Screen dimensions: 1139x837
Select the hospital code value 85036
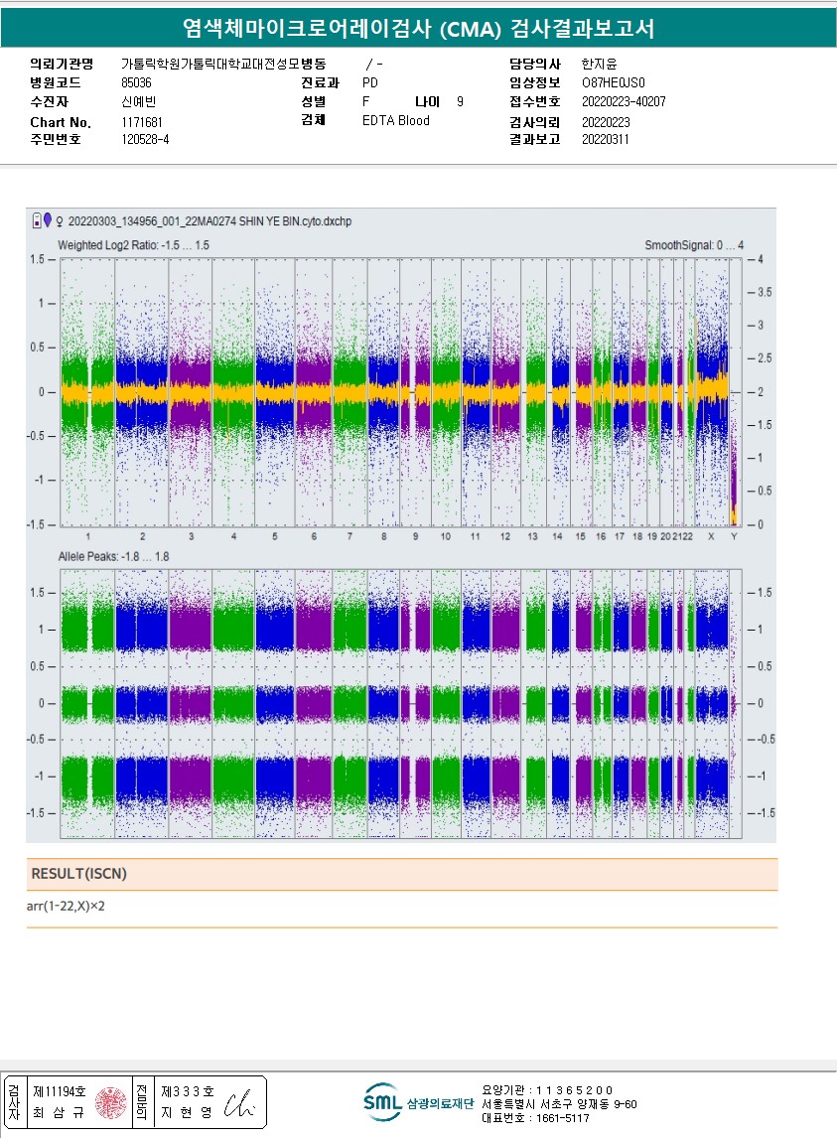click(136, 83)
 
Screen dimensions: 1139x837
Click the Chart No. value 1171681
click(142, 122)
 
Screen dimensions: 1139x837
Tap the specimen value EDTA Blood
click(396, 121)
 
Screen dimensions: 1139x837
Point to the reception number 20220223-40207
click(623, 102)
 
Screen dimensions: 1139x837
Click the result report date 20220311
click(605, 140)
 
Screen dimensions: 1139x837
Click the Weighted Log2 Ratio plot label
click(133, 245)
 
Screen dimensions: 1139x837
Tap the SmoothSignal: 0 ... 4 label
click(693, 245)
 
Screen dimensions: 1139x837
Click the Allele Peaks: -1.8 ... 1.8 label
click(113, 557)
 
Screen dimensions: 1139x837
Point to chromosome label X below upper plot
click(710, 536)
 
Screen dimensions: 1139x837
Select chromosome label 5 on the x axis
click(274, 536)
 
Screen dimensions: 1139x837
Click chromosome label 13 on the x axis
click(533, 536)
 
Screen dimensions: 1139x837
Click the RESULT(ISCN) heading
click(79, 874)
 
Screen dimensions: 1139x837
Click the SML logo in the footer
click(382, 1101)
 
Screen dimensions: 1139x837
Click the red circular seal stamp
click(110, 1101)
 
